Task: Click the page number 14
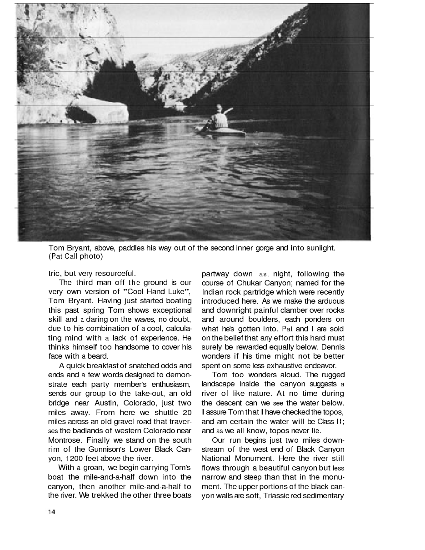(51, 512)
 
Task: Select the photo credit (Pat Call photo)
(76, 256)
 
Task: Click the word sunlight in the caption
(320, 248)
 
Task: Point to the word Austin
(105, 403)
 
